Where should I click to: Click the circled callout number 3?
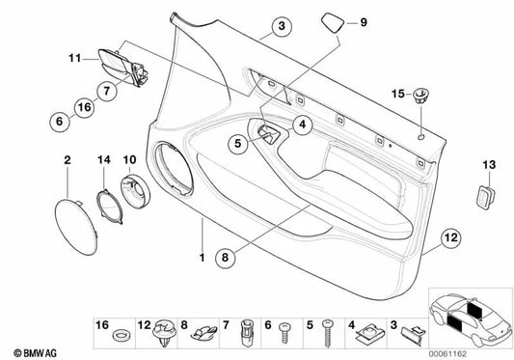click(282, 26)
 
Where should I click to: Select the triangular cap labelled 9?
click(333, 22)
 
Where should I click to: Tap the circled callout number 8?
click(225, 258)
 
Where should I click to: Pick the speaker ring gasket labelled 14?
click(110, 207)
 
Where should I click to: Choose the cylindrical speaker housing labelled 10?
click(135, 191)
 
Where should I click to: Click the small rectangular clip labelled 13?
click(485, 197)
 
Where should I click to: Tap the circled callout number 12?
click(450, 237)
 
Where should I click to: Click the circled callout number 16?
click(84, 107)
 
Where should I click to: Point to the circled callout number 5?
click(238, 143)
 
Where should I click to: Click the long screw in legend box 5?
click(328, 333)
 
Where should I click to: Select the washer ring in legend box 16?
click(121, 335)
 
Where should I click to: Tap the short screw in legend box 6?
click(284, 332)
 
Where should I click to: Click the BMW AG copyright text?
click(35, 353)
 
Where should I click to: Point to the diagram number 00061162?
click(447, 354)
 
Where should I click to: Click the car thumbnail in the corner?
click(471, 318)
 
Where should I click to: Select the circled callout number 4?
click(302, 125)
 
